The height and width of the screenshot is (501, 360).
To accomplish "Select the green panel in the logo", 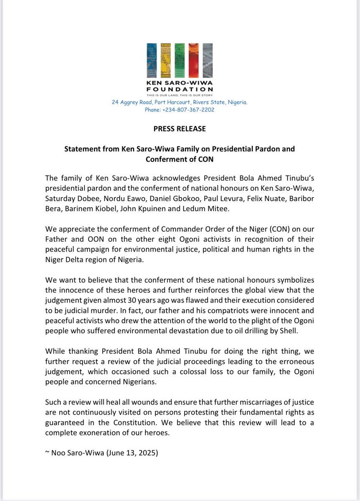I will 180,61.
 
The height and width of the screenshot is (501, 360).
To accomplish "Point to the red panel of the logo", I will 193,61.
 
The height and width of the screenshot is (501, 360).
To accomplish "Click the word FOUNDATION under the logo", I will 180,89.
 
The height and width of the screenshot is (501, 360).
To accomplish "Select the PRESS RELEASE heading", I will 180,129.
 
